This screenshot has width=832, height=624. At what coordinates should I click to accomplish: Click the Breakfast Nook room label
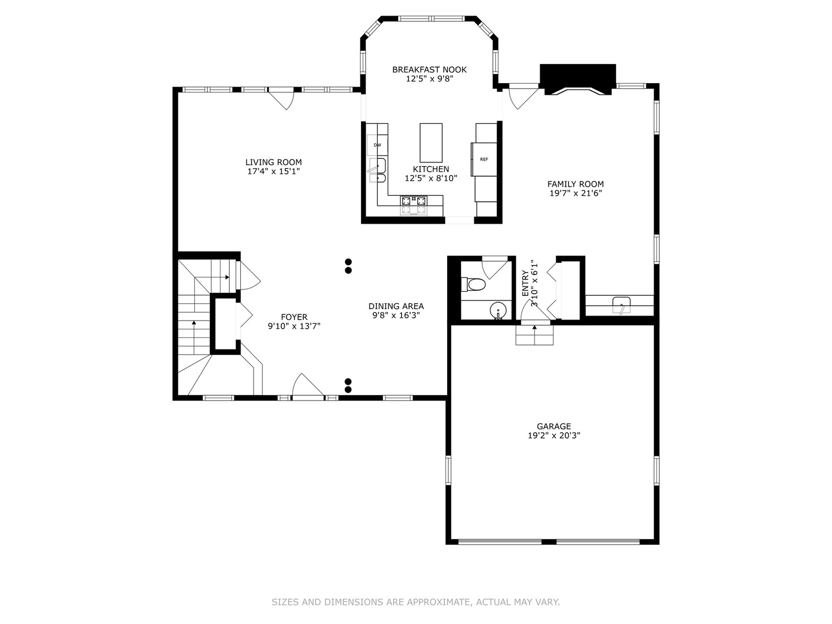429,70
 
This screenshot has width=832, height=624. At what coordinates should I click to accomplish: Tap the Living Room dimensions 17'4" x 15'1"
273,171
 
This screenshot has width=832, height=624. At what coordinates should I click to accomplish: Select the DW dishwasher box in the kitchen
377,145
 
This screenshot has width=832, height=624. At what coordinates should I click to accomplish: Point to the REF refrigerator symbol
484,159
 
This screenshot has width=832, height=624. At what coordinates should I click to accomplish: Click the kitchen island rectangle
431,143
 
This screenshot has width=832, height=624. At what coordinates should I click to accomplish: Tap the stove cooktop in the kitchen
414,205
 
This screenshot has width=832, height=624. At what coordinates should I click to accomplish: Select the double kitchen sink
377,170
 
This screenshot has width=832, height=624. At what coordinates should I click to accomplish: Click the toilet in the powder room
473,284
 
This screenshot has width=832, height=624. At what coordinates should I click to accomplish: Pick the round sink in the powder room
497,311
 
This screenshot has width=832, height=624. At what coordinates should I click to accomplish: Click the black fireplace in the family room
578,79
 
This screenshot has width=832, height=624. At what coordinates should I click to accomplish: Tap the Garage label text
554,426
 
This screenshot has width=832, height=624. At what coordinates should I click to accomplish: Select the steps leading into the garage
534,335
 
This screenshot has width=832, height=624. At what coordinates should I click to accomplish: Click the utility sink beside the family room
622,305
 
